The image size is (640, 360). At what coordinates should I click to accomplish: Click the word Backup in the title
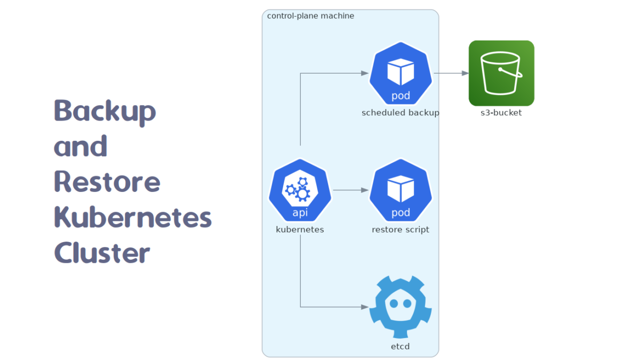point(105,110)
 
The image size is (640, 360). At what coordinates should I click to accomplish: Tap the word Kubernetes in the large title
point(133,217)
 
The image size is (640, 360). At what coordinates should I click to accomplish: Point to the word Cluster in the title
point(102,252)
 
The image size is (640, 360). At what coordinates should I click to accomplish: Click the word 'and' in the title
point(81,146)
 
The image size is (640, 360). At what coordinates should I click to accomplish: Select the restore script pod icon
point(401,190)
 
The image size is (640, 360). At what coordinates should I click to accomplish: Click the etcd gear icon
point(401,307)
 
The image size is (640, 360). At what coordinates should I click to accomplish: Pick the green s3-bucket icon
point(501,73)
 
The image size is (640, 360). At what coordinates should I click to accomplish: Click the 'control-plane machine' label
point(310,16)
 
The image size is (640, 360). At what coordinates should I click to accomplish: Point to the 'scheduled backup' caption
point(401,113)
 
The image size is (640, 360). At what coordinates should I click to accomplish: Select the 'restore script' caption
point(401,230)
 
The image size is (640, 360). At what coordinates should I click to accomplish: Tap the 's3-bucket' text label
point(501,113)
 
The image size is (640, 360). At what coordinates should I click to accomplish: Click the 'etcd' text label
point(401,347)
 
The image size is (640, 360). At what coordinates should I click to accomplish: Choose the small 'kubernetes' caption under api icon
point(300,230)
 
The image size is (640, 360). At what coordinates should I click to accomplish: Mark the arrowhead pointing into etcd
point(365,307)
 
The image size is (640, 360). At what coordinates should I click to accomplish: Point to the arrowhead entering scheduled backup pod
point(365,73)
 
